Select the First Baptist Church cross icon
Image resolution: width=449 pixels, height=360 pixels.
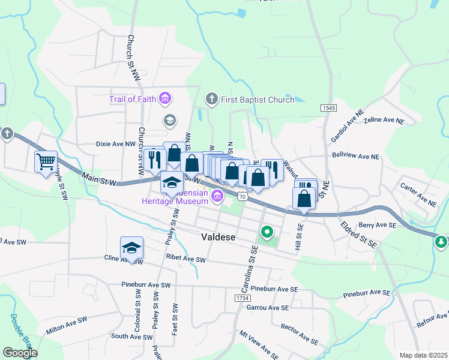tap(211, 99)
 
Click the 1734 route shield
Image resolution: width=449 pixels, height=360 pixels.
tap(242, 298)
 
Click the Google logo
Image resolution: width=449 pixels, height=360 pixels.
tap(20, 353)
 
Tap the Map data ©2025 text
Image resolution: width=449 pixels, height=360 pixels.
tap(423, 355)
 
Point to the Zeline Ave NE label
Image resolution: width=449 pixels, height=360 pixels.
tap(384, 121)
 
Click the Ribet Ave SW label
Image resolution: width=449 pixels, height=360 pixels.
tap(185, 260)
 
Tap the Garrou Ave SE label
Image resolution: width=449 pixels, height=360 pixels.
tap(268, 307)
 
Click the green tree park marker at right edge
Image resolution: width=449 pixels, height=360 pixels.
tap(442, 241)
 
